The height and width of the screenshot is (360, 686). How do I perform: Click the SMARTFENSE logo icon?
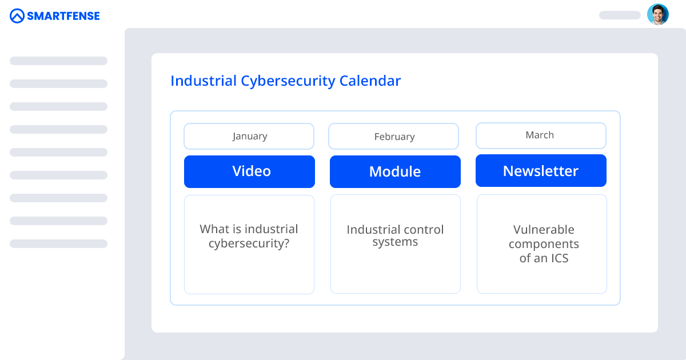tap(18, 16)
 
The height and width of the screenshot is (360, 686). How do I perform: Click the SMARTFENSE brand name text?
tap(63, 16)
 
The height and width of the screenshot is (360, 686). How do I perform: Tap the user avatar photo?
tap(657, 15)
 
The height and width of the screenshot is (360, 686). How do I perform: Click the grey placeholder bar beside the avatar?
tap(620, 15)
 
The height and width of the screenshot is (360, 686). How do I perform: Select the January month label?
tap(249, 137)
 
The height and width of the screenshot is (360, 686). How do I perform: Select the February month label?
tap(394, 137)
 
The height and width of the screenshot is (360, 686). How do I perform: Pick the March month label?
tap(540, 135)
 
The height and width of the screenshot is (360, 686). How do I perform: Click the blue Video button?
tap(250, 171)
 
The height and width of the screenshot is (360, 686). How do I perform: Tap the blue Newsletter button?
tap(541, 171)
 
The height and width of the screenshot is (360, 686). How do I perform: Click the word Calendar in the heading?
tap(370, 81)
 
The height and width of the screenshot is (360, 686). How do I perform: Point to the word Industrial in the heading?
tap(203, 81)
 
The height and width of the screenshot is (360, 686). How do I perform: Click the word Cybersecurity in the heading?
tap(288, 81)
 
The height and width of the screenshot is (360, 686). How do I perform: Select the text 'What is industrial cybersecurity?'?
tap(249, 237)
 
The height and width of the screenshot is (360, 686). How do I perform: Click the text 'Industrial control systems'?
tap(395, 235)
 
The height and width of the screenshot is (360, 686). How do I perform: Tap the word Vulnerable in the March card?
tap(543, 230)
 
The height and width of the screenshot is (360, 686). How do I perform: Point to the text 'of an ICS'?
tap(543, 258)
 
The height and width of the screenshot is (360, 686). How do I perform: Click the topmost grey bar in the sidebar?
tap(58, 61)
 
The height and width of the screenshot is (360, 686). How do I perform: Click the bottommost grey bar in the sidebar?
tap(58, 243)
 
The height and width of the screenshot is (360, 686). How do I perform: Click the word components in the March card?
tap(543, 244)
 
